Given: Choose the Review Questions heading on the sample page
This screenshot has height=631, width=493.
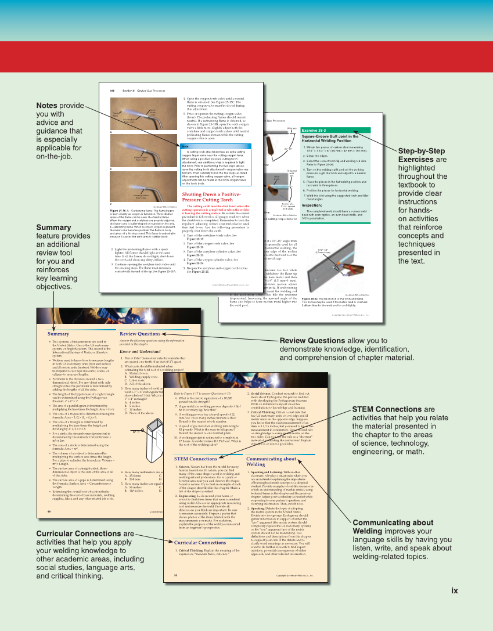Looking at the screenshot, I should pos(140,334).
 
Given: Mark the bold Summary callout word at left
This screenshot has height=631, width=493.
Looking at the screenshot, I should pos(53,228).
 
